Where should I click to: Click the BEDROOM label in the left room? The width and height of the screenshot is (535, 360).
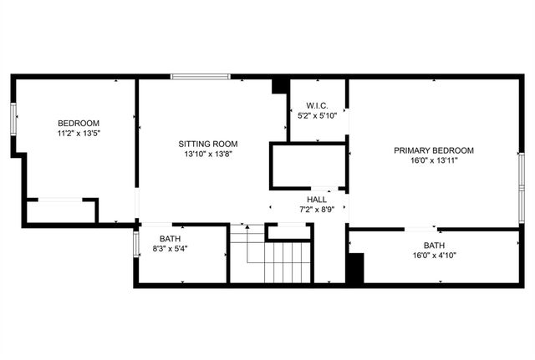click(79, 124)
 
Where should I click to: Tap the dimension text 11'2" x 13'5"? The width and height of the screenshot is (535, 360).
click(79, 133)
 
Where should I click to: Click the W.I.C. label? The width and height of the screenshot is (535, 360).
click(316, 106)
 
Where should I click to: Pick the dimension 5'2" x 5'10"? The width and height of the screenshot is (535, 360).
click(316, 115)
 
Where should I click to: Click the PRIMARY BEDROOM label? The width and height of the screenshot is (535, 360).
click(434, 150)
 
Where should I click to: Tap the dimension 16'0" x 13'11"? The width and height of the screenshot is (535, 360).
click(434, 160)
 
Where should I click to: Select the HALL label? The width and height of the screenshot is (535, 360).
click(317, 200)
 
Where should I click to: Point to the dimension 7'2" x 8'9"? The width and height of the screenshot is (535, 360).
click(317, 209)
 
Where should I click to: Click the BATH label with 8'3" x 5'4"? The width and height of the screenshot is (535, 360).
click(169, 239)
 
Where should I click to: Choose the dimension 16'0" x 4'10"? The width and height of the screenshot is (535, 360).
click(434, 256)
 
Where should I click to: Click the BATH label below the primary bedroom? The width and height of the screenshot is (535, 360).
click(434, 246)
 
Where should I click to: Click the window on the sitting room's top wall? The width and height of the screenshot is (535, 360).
click(201, 77)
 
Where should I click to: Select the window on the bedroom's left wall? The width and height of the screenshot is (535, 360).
click(13, 118)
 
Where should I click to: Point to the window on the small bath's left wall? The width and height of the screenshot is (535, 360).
click(135, 243)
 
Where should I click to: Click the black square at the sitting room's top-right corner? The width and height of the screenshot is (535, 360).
click(281, 85)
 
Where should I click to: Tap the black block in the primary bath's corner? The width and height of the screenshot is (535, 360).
click(354, 269)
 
